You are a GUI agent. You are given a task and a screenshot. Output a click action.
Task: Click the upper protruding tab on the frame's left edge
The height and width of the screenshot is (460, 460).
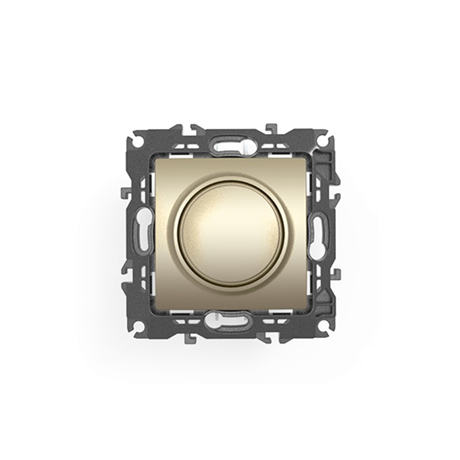coord(124,192)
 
